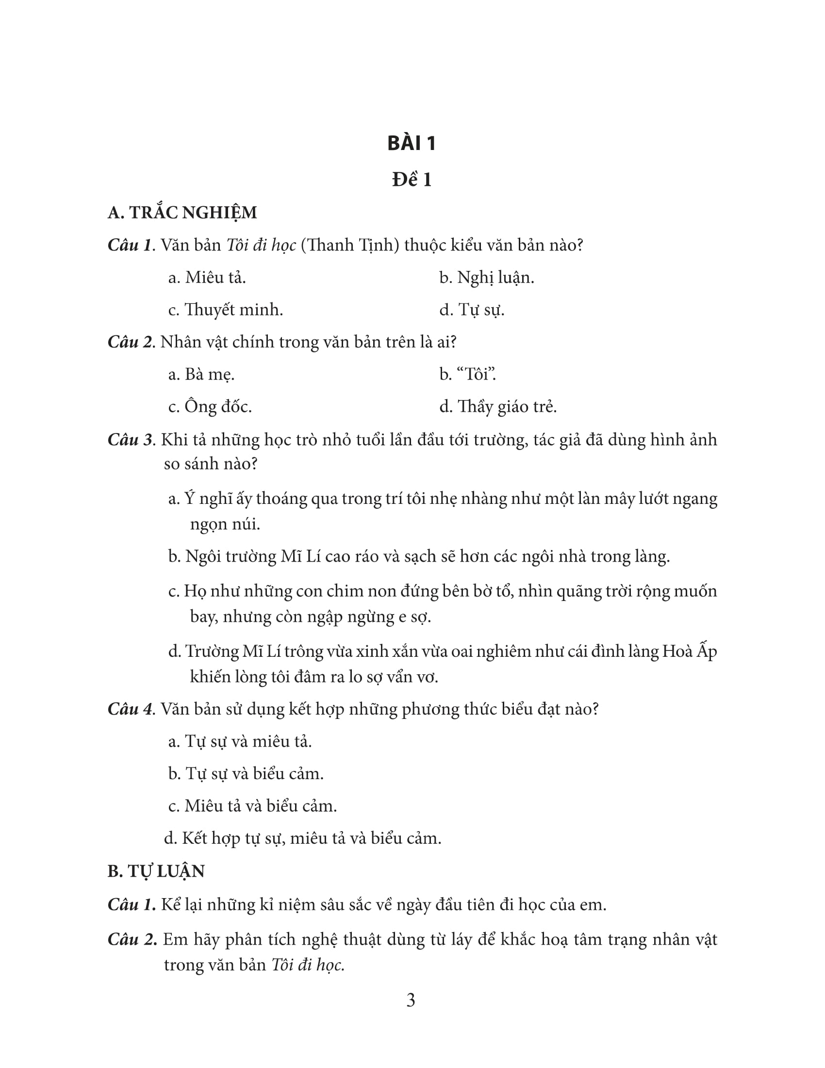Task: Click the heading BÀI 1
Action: click(x=412, y=143)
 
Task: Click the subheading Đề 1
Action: click(x=412, y=180)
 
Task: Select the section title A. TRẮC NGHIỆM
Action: click(x=182, y=213)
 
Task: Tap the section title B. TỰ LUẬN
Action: click(x=156, y=871)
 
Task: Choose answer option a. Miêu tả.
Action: click(x=207, y=278)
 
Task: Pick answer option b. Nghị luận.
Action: click(x=486, y=278)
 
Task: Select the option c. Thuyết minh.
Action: click(x=225, y=310)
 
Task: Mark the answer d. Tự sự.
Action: click(x=472, y=310)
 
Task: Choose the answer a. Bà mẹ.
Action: click(x=201, y=374)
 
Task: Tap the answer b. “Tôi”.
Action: click(x=468, y=374)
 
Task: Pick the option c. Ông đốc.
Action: click(x=210, y=406)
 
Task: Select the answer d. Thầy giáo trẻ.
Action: click(x=497, y=406)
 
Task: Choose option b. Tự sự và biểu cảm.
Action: click(x=246, y=773)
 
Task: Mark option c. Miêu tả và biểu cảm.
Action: click(x=252, y=805)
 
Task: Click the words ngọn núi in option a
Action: click(x=225, y=524)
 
